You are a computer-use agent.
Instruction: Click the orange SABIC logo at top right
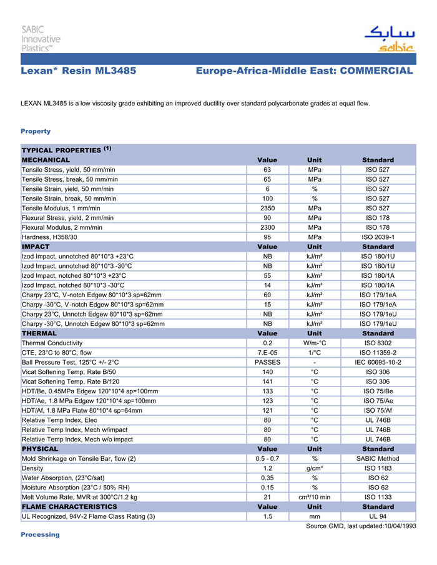389,38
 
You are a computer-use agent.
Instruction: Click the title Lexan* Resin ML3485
79,71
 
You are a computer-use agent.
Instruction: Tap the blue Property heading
36,131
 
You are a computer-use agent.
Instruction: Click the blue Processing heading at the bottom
40,534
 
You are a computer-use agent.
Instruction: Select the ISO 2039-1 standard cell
378,237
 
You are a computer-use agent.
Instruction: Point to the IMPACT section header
36,247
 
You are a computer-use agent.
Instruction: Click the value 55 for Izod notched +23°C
267,275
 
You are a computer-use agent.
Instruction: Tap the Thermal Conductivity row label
52,343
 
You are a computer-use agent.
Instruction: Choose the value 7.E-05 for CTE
267,352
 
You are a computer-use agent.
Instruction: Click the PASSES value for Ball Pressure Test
267,362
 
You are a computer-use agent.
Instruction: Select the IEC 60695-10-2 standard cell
378,362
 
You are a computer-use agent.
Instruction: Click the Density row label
33,468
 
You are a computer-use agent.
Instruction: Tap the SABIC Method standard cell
378,458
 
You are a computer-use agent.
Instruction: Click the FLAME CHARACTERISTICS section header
69,506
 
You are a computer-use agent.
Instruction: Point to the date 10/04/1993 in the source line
398,526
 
